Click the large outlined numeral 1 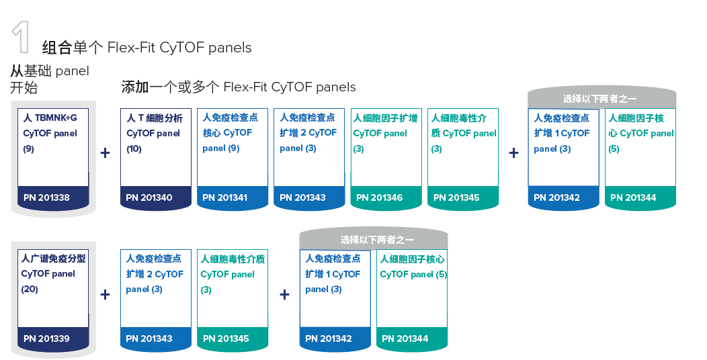tap(21, 38)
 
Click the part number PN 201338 tap(46, 197)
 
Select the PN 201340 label tap(149, 197)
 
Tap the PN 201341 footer tap(225, 197)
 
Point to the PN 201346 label tap(379, 197)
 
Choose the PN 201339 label tap(46, 339)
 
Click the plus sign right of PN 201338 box tap(105, 153)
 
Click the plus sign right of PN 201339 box tap(105, 294)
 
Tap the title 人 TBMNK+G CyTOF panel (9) tap(50, 133)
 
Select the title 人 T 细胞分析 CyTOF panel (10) tap(155, 133)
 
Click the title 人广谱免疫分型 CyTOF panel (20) tap(53, 273)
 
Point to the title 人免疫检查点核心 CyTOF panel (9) tap(231, 132)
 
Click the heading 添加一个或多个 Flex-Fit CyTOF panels tap(238, 87)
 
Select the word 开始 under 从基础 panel tap(24, 88)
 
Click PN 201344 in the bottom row tap(405, 339)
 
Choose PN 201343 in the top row tap(302, 197)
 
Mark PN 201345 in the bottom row tap(226, 339)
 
